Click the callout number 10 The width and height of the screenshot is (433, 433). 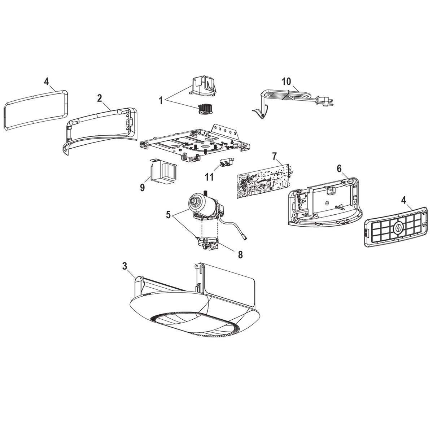click(x=286, y=81)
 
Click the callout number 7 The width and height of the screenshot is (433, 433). click(x=275, y=156)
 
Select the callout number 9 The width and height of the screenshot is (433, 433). click(x=142, y=187)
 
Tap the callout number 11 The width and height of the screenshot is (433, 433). click(x=209, y=177)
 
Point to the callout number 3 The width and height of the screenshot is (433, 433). click(x=124, y=267)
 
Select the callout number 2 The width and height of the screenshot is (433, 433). click(x=100, y=97)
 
